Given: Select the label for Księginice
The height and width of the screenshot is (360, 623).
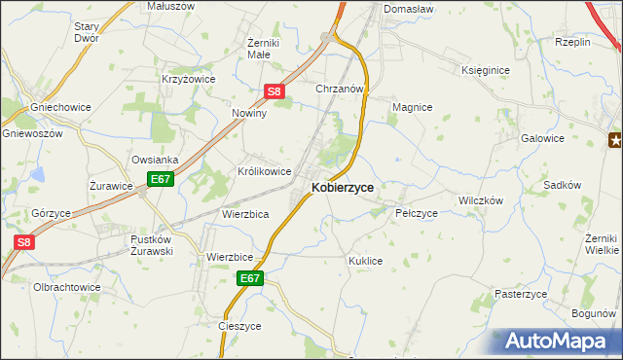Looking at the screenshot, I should click(488, 70).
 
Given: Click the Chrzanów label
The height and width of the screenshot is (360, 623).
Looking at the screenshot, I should click(340, 89).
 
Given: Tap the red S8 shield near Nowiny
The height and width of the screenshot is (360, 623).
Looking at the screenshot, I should click(275, 92).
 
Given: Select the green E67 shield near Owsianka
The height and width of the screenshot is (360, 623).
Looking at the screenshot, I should click(161, 180).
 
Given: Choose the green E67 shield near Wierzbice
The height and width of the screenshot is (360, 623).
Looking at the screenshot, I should click(250, 278).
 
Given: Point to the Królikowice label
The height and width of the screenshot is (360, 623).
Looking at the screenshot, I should click(265, 171).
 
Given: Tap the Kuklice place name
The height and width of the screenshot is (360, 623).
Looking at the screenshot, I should click(365, 262).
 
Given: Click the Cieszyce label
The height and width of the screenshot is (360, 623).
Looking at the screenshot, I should click(240, 327).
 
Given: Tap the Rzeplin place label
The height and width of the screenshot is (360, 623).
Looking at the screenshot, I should click(573, 42).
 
